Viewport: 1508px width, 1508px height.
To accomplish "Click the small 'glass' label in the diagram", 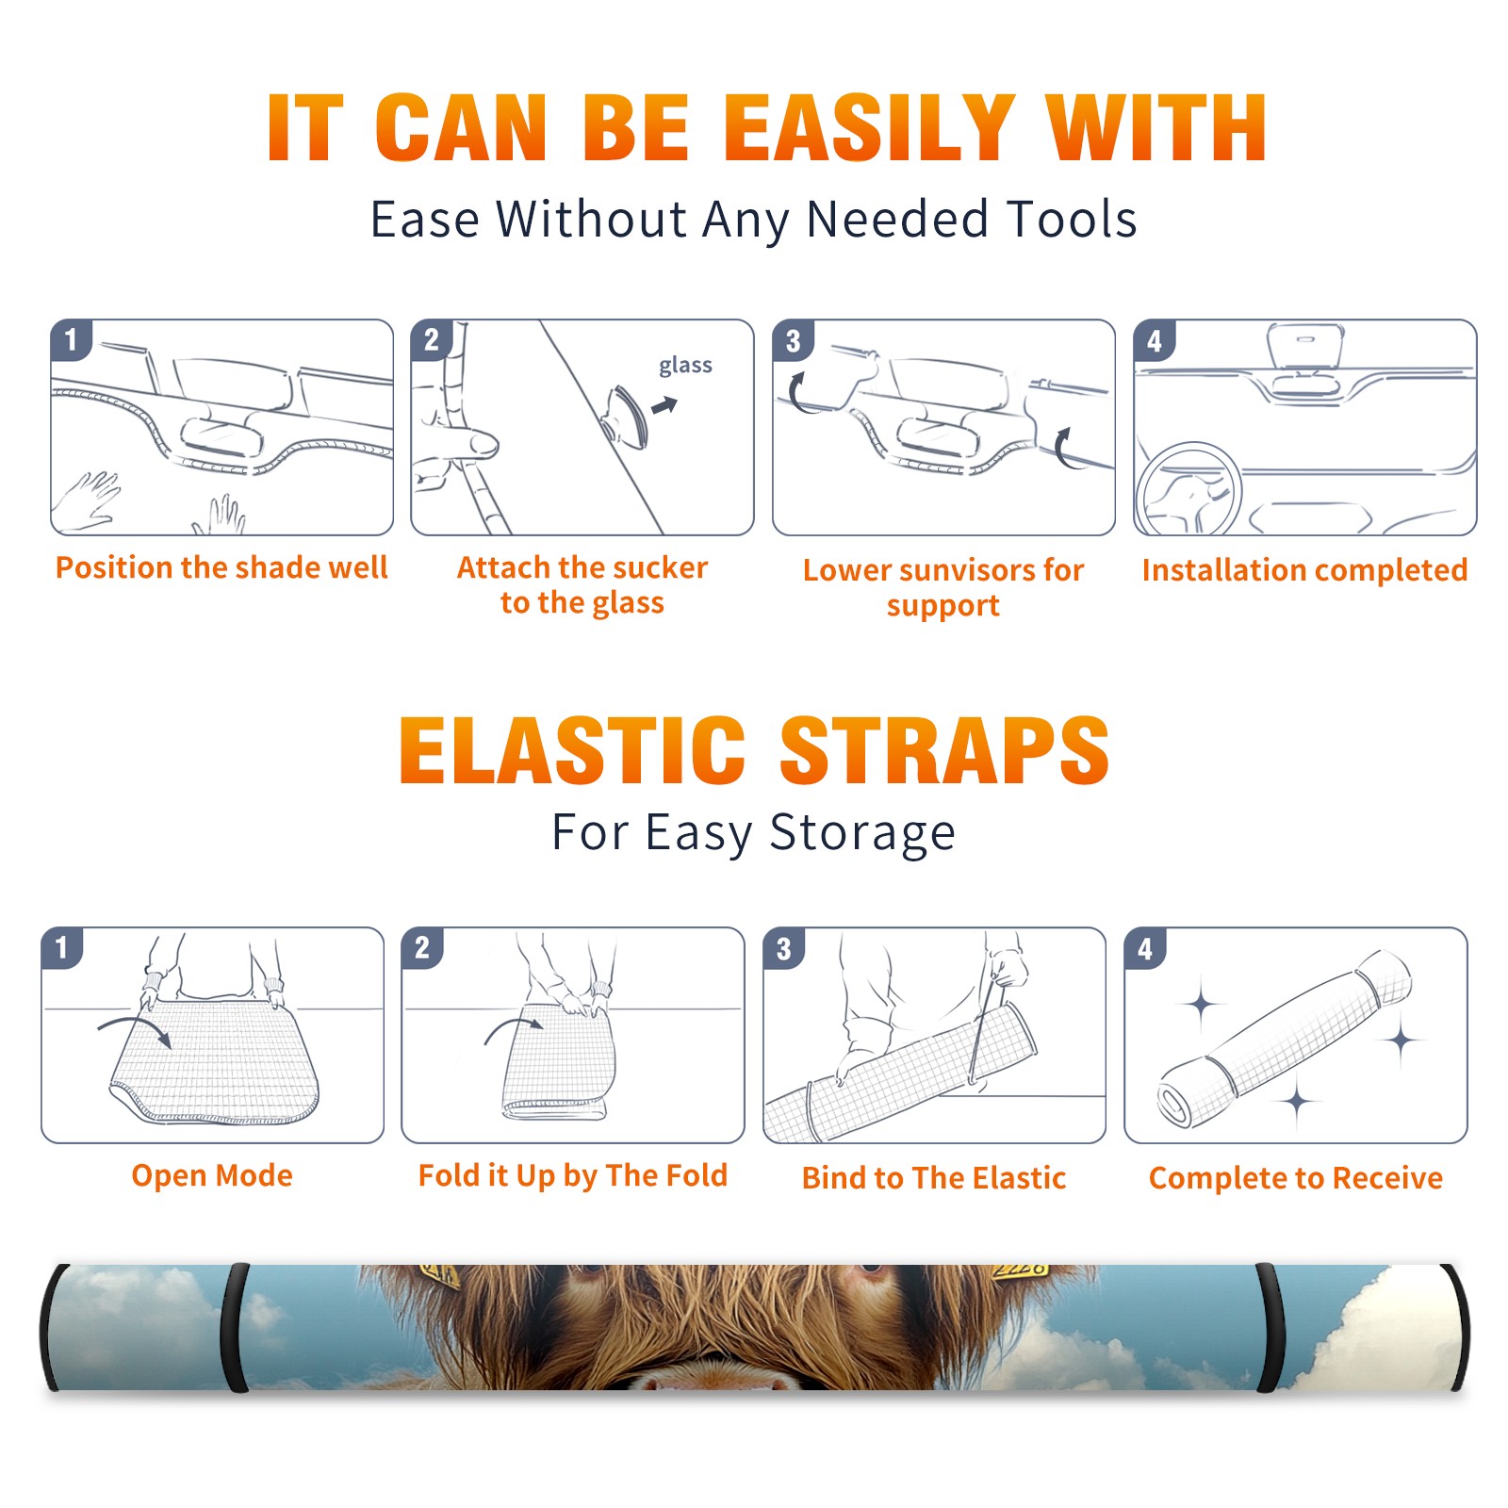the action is click(685, 366).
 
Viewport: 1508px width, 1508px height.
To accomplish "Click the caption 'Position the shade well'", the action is click(221, 567).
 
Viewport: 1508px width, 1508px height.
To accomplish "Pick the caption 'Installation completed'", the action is click(1304, 569).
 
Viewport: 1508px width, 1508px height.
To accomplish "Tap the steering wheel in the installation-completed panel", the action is click(1189, 490).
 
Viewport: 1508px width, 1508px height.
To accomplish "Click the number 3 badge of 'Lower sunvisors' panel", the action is click(793, 340).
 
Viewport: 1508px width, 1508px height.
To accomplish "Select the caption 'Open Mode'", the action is click(212, 1175).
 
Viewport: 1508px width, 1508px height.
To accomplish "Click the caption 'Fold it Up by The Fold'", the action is click(573, 1175).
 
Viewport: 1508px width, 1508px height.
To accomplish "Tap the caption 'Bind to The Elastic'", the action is click(934, 1178).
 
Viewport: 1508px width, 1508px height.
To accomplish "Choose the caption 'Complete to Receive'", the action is click(1296, 1178).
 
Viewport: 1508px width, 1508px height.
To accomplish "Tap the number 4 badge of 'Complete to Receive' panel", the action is click(1145, 948).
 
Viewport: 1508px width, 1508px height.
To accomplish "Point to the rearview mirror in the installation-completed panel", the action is click(1305, 347).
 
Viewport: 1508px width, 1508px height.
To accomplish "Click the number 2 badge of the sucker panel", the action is click(432, 340).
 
